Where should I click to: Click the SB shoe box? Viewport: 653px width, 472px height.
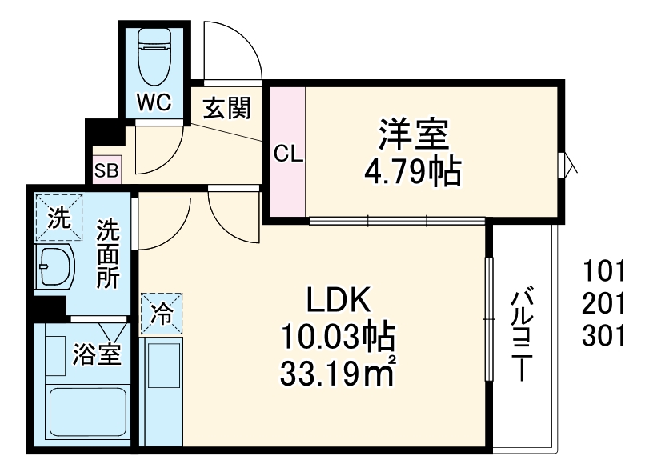click(x=105, y=170)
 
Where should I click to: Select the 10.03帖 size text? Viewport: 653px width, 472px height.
click(x=337, y=336)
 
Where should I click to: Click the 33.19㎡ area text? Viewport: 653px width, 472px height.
click(x=337, y=372)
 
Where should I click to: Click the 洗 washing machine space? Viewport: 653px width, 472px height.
click(x=57, y=217)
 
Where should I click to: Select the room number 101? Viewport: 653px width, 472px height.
click(x=603, y=271)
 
